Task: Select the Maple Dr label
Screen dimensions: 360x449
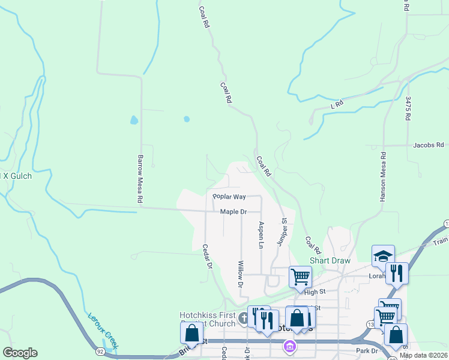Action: (x=234, y=212)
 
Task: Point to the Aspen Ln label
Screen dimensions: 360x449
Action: (x=261, y=235)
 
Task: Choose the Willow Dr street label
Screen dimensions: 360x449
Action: (x=240, y=274)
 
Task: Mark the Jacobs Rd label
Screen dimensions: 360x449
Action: (x=428, y=145)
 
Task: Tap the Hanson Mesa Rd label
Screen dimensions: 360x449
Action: (x=382, y=176)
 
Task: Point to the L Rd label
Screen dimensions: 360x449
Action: (x=337, y=104)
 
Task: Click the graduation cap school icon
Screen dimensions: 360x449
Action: (x=382, y=256)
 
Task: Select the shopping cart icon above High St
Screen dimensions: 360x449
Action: (x=300, y=277)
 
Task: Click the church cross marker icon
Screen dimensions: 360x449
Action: (x=243, y=317)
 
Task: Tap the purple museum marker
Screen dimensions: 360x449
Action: (x=289, y=346)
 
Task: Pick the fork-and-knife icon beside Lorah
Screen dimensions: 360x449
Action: (x=397, y=273)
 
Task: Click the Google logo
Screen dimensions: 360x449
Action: (x=20, y=352)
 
